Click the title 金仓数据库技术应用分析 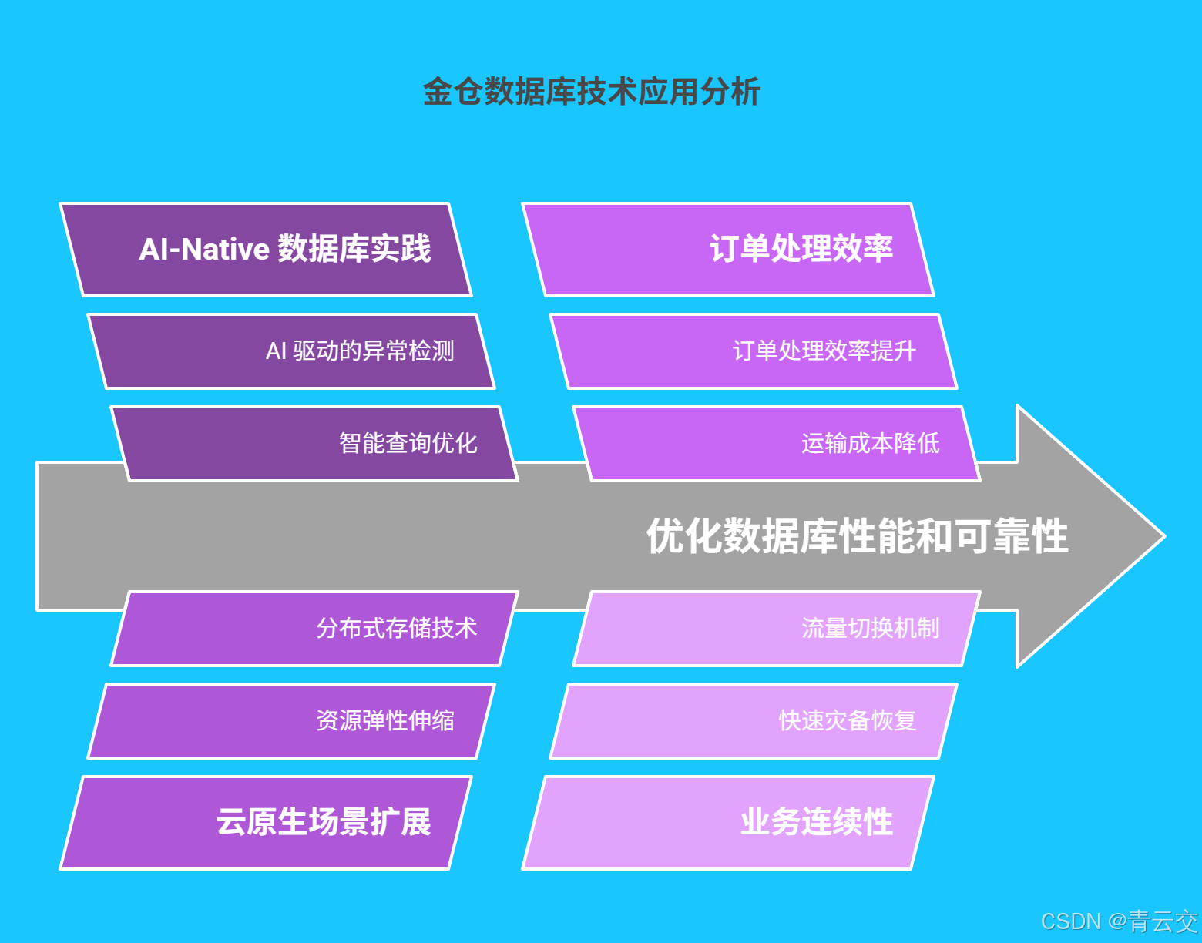(592, 92)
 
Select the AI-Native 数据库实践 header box (266, 250)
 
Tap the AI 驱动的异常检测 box (291, 351)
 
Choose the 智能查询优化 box (314, 444)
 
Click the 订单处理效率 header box (728, 250)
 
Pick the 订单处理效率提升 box (754, 351)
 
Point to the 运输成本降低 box (777, 444)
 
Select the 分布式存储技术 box (314, 629)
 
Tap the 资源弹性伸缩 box (291, 721)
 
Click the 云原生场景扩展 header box (266, 823)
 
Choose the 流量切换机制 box (777, 629)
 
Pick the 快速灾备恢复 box (754, 721)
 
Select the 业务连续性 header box (728, 823)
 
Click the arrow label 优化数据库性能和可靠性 (857, 536)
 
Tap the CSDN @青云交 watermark (1119, 921)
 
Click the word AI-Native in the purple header (204, 250)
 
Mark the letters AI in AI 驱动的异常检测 (276, 351)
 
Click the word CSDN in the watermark (1070, 921)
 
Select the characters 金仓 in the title (452, 92)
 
